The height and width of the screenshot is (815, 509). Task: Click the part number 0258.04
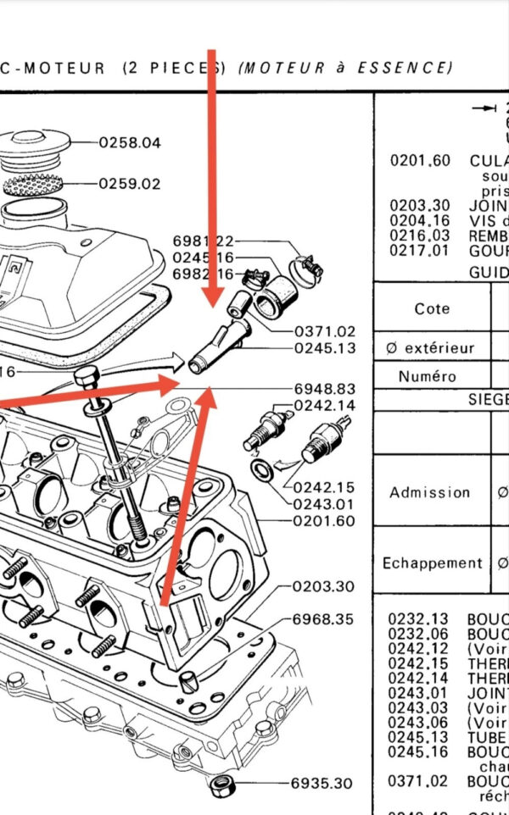click(130, 142)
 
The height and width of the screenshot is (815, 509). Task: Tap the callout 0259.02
click(130, 183)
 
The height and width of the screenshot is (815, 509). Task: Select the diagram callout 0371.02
click(325, 331)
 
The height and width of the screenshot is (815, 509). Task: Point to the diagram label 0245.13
click(325, 347)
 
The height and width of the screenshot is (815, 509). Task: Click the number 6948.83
click(325, 389)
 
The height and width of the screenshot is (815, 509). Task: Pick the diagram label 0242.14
click(325, 405)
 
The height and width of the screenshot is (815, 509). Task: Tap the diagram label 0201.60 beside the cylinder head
click(325, 521)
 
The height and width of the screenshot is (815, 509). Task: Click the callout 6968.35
click(322, 619)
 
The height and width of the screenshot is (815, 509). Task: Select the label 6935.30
click(322, 784)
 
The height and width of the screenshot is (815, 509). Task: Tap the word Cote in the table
click(432, 309)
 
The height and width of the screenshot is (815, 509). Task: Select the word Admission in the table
click(430, 492)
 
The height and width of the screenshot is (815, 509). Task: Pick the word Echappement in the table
click(432, 563)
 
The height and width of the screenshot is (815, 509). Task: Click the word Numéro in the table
click(431, 376)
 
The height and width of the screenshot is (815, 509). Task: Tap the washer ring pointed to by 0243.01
click(261, 470)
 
